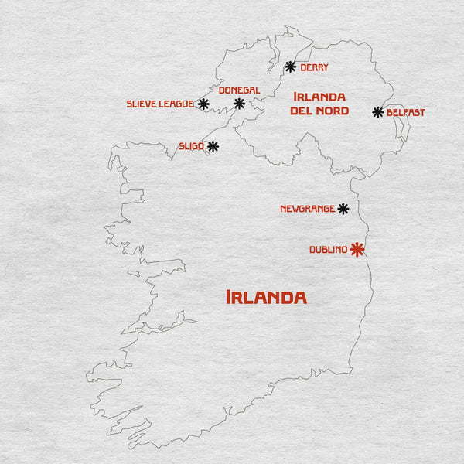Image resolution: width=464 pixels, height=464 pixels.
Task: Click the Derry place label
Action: coord(314,67)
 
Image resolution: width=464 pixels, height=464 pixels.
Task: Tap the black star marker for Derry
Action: coord(290,67)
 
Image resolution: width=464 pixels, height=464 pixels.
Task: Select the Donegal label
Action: coord(239,90)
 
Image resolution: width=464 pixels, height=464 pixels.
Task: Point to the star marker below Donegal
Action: coord(239,103)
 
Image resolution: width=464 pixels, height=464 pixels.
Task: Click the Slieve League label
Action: coord(160,104)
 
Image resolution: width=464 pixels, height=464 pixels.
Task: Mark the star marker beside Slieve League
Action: coord(203,104)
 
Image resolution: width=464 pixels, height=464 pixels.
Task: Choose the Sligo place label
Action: coord(191,146)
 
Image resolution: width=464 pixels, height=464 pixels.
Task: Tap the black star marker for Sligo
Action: coord(213,145)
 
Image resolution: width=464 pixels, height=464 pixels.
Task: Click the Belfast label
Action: coord(406,113)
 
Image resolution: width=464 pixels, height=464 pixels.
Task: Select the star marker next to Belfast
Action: coord(378,112)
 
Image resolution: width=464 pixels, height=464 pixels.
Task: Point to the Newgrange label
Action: coord(307,209)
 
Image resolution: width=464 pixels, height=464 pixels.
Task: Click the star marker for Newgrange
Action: coord(343,209)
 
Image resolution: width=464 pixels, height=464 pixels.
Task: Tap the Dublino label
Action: coord(328,250)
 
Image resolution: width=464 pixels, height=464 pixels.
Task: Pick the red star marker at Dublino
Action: coord(357,249)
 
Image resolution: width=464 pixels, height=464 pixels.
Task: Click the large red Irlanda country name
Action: coord(266,297)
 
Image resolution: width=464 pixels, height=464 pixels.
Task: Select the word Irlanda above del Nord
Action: coord(319,97)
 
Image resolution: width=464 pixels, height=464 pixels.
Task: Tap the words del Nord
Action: coord(319,111)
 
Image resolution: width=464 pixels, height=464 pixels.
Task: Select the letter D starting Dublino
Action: coord(312,250)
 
